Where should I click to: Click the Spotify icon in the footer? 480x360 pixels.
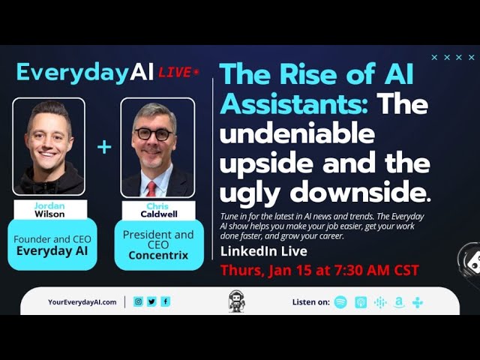tap(340, 302)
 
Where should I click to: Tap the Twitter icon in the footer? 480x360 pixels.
tap(151, 301)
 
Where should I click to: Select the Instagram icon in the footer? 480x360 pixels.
tap(138, 301)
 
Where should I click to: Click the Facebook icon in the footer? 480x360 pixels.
tap(165, 301)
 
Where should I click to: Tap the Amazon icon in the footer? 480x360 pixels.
tap(398, 302)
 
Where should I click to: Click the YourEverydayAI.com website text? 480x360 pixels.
tap(82, 301)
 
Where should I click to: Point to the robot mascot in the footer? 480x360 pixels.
tap(236, 301)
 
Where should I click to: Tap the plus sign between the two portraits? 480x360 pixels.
tap(104, 147)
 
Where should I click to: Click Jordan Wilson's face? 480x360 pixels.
tap(49, 139)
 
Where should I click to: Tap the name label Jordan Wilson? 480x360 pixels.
tap(49, 209)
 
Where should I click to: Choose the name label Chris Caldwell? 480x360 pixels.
tap(158, 210)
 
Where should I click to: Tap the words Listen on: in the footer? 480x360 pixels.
tap(309, 302)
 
